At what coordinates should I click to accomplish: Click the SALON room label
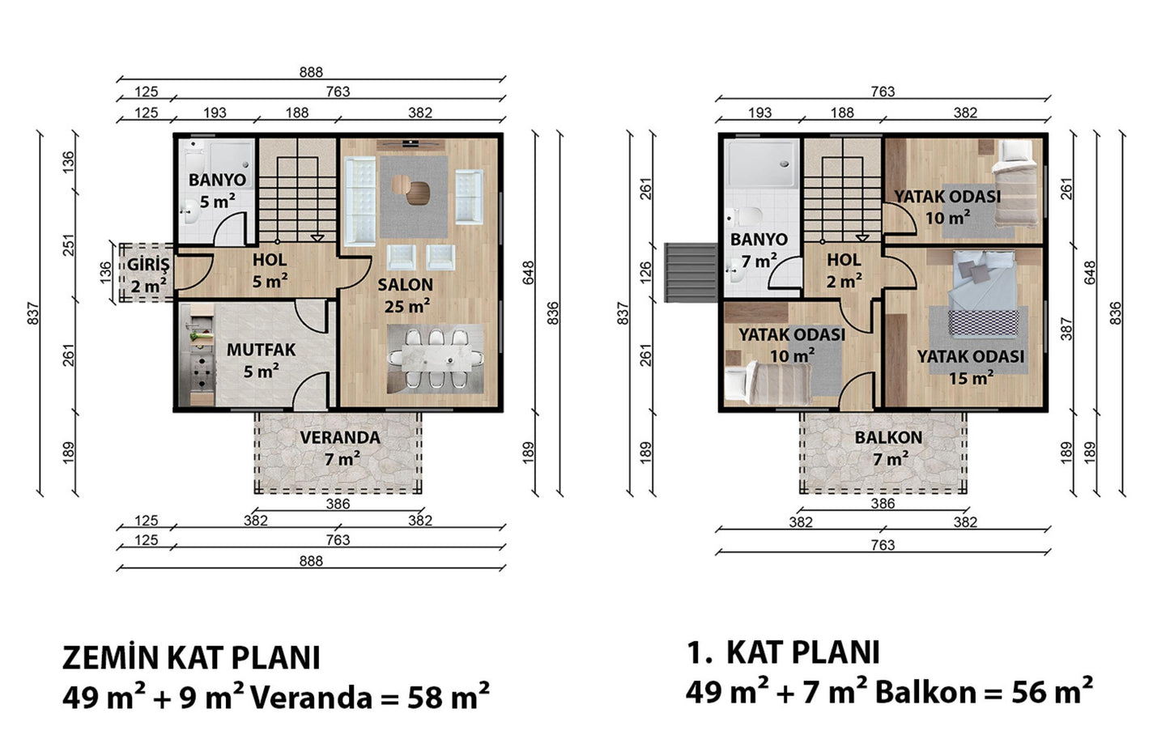pos(406,285)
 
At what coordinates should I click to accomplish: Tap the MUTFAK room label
pos(262,350)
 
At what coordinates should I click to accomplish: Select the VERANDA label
pos(340,438)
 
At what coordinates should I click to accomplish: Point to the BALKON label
pos(888,438)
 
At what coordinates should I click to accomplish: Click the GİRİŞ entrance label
pos(148,264)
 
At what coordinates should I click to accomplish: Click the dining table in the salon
pos(436,359)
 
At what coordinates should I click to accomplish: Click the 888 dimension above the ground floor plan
pos(311,72)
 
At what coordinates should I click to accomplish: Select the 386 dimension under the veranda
pos(338,504)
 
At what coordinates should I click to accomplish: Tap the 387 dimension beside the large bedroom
pos(1066,329)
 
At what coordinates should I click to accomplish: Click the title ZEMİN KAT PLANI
pos(191,658)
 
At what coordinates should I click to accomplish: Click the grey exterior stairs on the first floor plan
pos(691,273)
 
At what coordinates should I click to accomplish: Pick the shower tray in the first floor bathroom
pos(763,164)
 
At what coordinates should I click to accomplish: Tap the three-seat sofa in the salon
pos(360,201)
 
